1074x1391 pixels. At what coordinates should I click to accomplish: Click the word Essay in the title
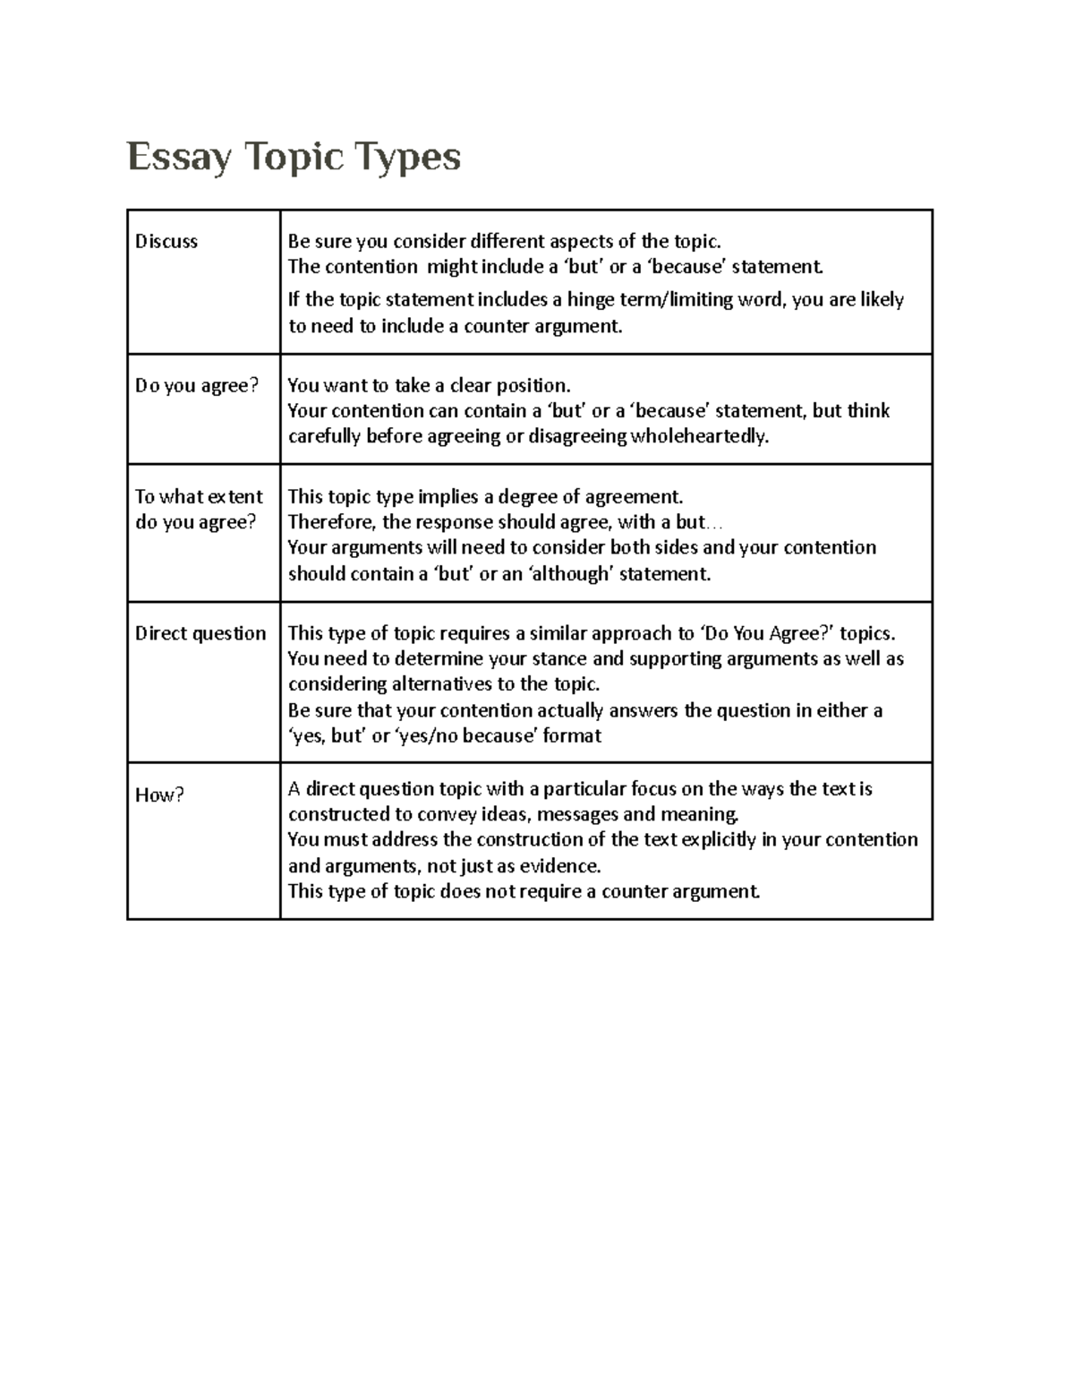click(179, 159)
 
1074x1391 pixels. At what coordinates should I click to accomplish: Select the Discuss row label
click(166, 241)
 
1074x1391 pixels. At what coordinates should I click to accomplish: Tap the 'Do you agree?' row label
click(197, 385)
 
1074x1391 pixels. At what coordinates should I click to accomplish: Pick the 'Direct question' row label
click(200, 633)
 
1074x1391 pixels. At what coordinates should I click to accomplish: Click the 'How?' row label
click(159, 794)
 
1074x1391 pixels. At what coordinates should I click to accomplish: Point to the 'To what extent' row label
click(199, 497)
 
